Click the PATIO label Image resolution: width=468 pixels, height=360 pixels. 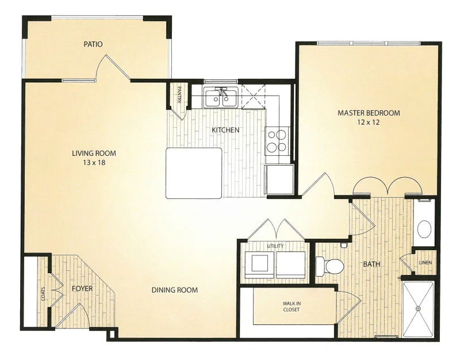point(93,44)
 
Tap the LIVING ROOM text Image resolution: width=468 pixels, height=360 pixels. point(94,154)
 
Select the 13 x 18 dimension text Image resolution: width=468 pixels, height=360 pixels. point(94,163)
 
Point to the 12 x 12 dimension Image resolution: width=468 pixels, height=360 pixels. point(369,122)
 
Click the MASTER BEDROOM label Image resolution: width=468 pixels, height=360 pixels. point(369,113)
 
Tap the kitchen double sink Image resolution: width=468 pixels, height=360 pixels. point(221,97)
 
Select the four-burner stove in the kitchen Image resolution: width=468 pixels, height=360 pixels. point(277,141)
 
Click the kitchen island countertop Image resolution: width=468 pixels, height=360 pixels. point(194,173)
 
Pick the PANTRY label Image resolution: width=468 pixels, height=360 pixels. point(179,95)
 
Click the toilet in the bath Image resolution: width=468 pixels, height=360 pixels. point(329,266)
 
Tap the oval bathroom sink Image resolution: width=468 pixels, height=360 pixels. point(424,229)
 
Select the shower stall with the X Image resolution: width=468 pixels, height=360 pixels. point(418,309)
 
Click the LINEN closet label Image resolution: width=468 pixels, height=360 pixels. point(425,263)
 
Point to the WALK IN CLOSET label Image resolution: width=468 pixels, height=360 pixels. point(291,307)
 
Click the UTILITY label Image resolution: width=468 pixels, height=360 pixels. point(275,246)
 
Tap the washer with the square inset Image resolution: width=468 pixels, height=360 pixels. point(260,262)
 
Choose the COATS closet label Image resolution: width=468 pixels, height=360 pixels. point(44,294)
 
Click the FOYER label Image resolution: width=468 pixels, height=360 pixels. point(82,289)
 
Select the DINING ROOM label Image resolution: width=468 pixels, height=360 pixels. point(175,290)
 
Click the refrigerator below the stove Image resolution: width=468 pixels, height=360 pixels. point(279,179)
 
